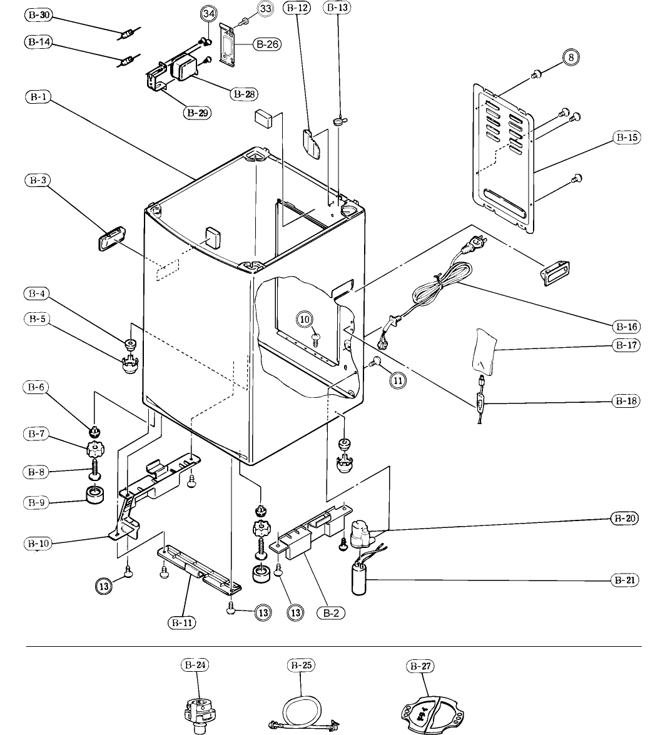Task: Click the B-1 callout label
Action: click(x=38, y=97)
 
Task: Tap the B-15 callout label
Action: click(x=627, y=138)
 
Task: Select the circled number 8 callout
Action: click(x=571, y=57)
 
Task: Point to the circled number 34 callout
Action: click(x=209, y=14)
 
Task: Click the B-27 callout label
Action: click(x=420, y=666)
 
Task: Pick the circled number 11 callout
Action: click(x=398, y=380)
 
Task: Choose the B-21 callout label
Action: click(x=625, y=580)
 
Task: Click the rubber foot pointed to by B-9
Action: click(x=95, y=495)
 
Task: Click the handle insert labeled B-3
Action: click(x=111, y=238)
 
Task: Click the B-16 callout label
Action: click(x=627, y=327)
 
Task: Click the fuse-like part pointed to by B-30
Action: click(x=129, y=34)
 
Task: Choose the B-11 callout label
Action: click(x=181, y=622)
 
